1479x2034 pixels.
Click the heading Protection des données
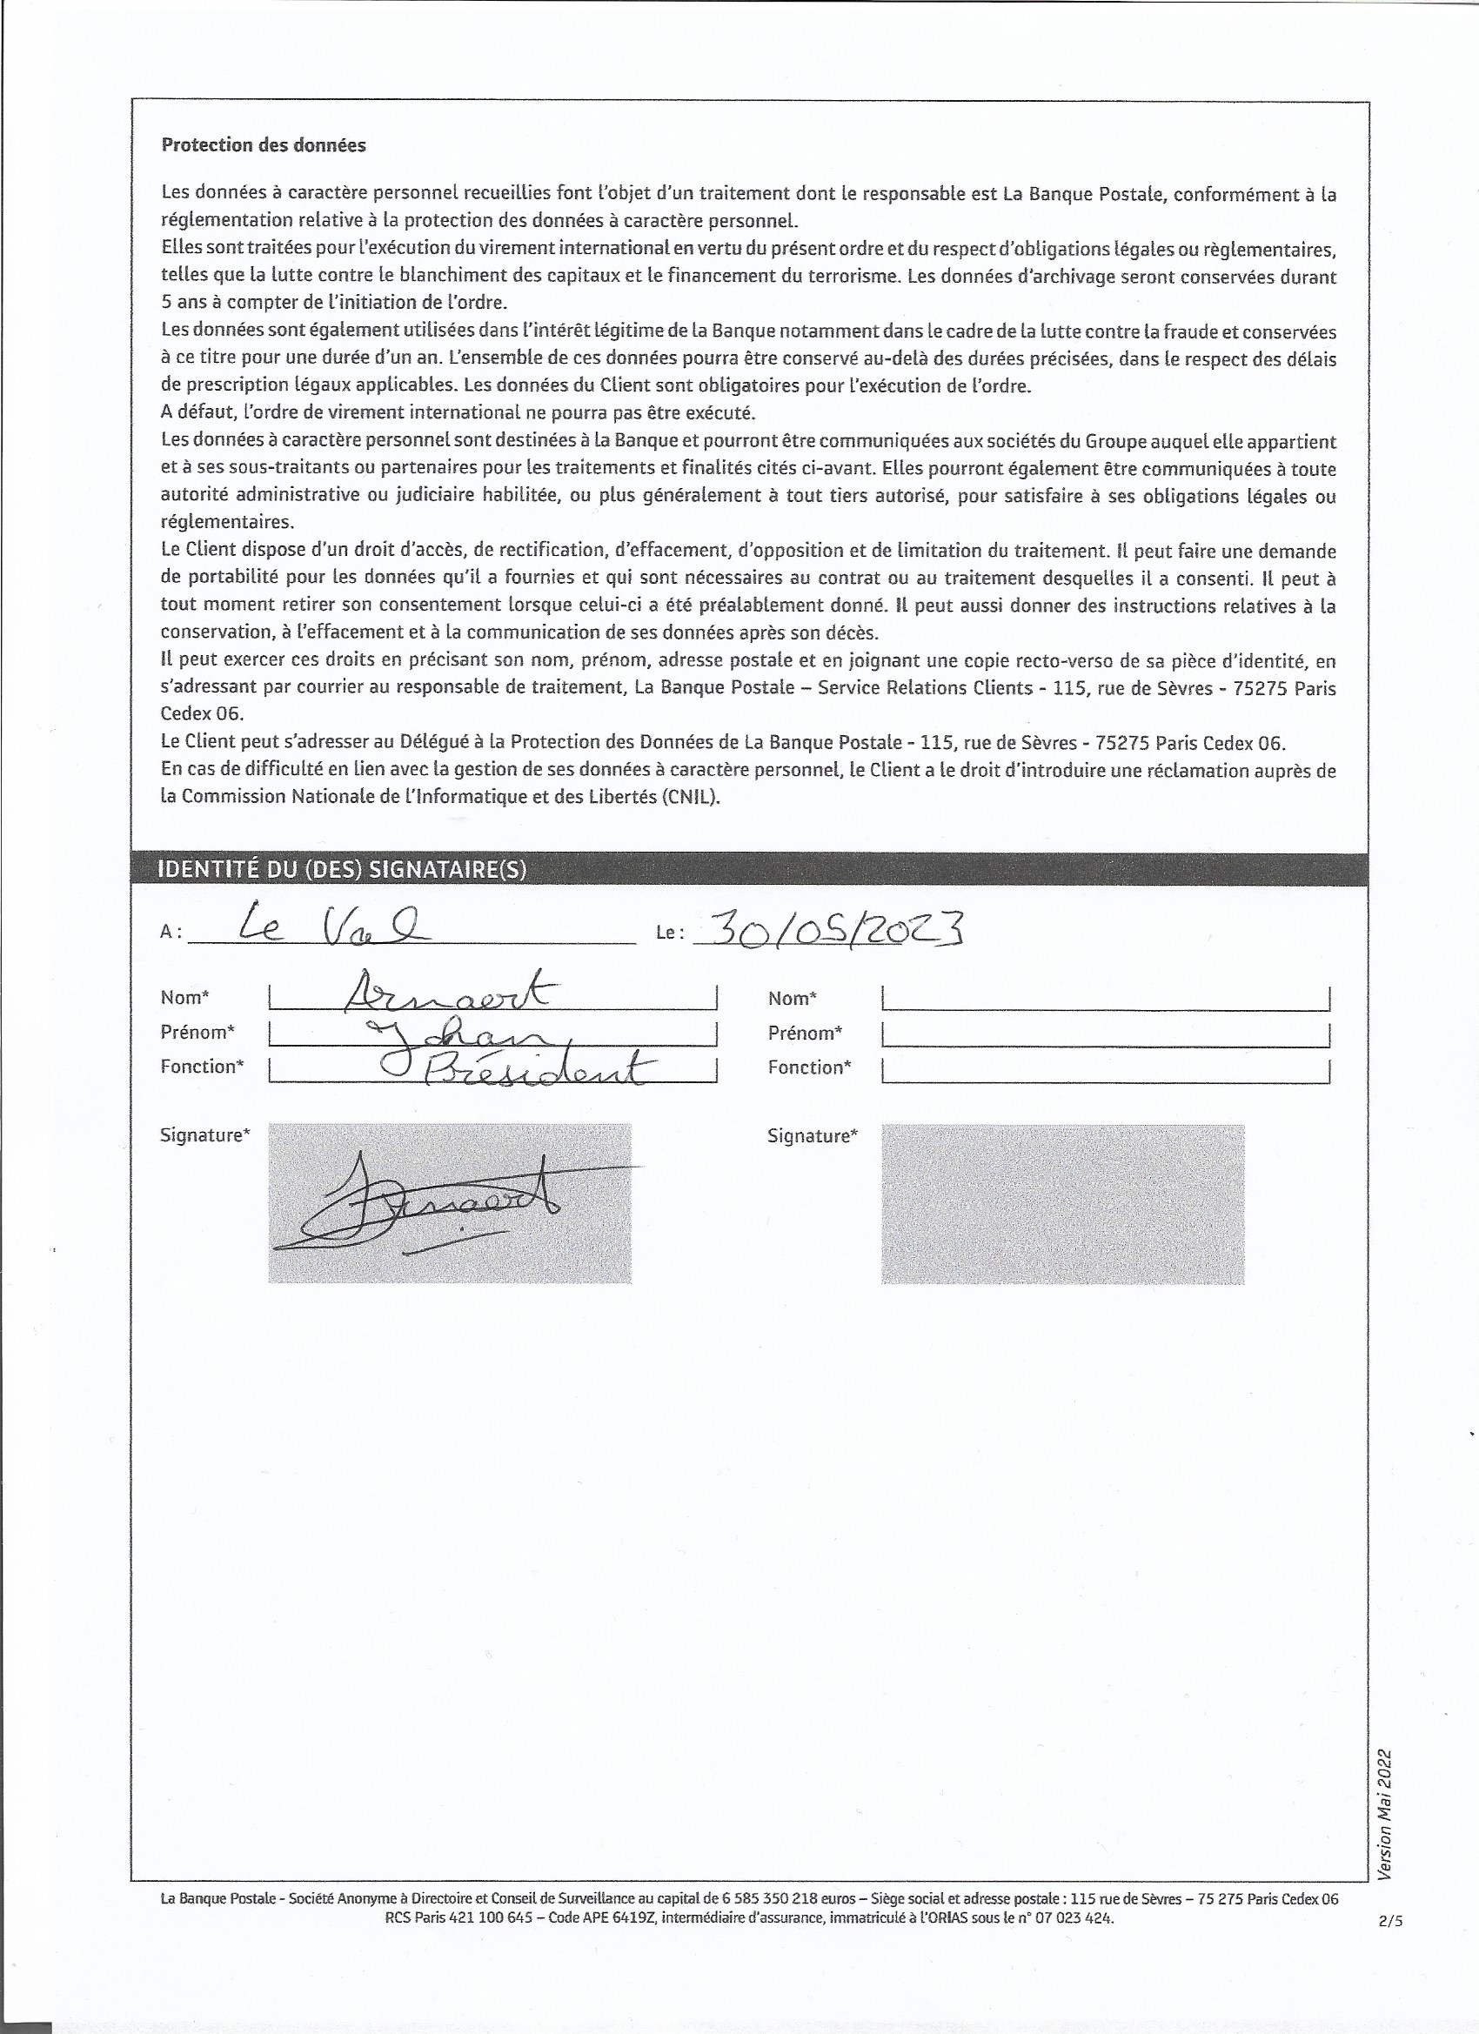coord(264,145)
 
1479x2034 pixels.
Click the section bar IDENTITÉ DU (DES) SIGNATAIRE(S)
coord(342,869)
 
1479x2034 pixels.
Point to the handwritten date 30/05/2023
coord(829,929)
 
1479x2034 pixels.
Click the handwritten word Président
coord(539,1070)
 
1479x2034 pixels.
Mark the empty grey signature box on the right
coord(1062,1203)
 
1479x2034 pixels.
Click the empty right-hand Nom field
coord(1105,998)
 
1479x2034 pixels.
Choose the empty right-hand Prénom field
coord(1105,1034)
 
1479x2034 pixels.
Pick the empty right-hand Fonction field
coord(1105,1069)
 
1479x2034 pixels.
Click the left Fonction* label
coord(202,1067)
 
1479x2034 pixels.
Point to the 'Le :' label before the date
coord(670,933)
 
